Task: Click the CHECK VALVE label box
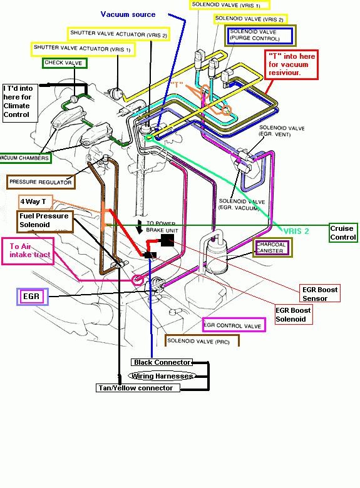pos(64,63)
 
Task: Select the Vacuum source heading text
pos(128,14)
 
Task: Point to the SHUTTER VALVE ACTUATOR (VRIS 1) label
pos(83,49)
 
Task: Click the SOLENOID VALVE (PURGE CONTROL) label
pos(260,36)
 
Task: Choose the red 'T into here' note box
pos(291,64)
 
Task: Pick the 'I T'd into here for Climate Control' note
pos(20,101)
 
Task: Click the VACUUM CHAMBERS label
pos(25,158)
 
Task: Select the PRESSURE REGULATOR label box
pos(41,182)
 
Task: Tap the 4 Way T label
pos(35,201)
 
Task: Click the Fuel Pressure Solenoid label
pos(45,220)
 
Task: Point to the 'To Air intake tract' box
pos(28,251)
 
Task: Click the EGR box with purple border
pos(32,297)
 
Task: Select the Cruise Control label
pos(343,233)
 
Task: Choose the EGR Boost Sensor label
pos(319,293)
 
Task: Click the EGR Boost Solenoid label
pos(294,315)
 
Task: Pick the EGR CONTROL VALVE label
pos(234,325)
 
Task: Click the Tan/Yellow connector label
pos(138,388)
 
